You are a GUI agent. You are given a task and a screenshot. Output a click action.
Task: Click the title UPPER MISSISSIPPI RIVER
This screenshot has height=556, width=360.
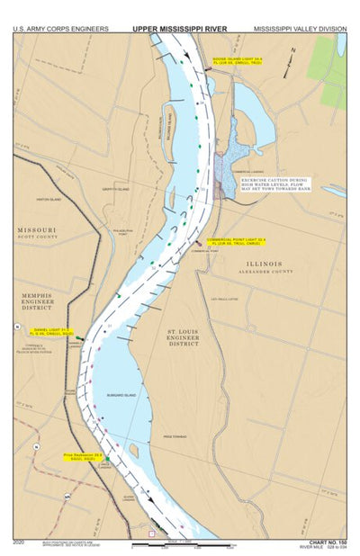pos(180,29)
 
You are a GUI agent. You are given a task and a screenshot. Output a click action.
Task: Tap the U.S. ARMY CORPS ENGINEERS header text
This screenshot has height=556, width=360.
pos(60,29)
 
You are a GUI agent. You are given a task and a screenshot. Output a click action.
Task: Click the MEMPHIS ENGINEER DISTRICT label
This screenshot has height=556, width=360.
pos(38,302)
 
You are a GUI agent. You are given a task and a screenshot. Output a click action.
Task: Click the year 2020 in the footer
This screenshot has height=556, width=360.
pos(20,542)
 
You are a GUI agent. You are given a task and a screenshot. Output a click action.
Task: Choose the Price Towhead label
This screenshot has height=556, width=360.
pos(173,435)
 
